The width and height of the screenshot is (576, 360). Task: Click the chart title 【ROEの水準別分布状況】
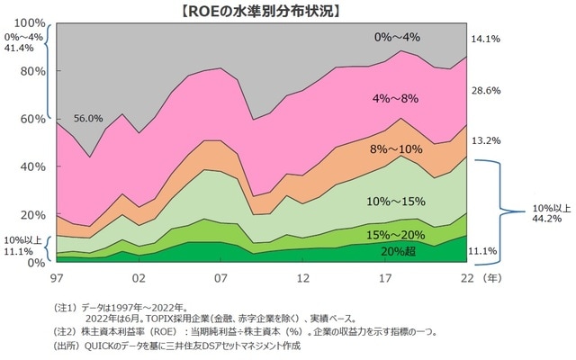pyautogui.click(x=288, y=11)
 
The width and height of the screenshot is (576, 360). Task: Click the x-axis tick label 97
pyautogui.click(x=56, y=278)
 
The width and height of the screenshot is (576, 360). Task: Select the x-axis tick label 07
pyautogui.click(x=221, y=278)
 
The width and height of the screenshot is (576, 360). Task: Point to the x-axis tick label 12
pyautogui.click(x=304, y=278)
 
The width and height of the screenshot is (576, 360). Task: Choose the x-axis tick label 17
pyautogui.click(x=387, y=278)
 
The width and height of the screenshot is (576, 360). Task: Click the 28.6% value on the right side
pyautogui.click(x=486, y=91)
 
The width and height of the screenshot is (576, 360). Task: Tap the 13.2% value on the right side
pyautogui.click(x=486, y=140)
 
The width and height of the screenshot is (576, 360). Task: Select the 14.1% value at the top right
pyautogui.click(x=486, y=38)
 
